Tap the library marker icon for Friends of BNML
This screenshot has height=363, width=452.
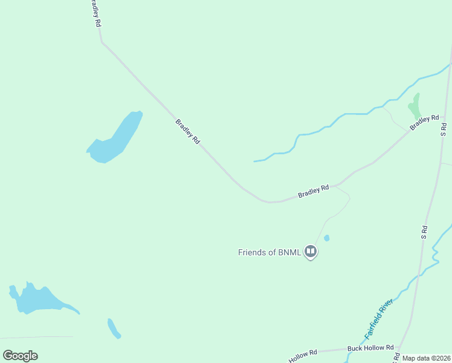point(311,251)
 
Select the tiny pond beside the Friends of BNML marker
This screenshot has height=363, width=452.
point(327,238)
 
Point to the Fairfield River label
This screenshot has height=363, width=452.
point(379,318)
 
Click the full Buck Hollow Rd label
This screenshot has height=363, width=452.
point(370,348)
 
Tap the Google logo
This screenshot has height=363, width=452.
point(20,356)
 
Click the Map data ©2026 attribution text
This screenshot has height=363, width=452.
point(427,358)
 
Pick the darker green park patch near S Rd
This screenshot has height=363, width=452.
point(415,105)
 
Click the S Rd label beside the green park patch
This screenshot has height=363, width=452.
point(444,128)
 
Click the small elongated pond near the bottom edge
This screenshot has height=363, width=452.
point(114,329)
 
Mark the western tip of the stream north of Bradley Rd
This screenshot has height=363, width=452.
point(254,162)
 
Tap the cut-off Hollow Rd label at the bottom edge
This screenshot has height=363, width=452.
point(303,356)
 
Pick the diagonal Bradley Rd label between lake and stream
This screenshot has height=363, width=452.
point(187,131)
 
